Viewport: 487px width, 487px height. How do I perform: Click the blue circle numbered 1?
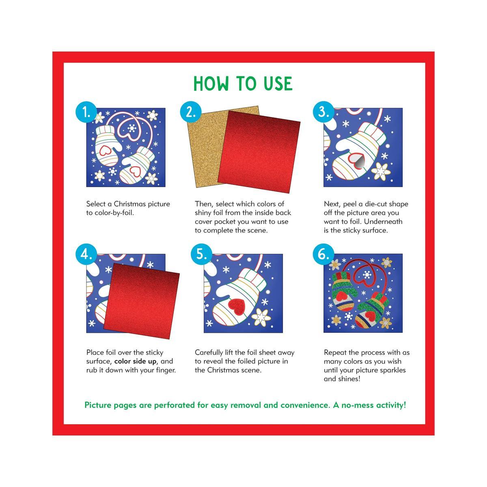pyautogui.click(x=86, y=112)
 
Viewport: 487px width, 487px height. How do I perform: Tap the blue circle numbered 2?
pyautogui.click(x=191, y=112)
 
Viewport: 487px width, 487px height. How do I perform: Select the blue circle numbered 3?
pyautogui.click(x=323, y=112)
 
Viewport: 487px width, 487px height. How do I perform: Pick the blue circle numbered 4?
pyautogui.click(x=86, y=254)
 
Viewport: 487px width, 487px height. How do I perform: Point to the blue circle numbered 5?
pyautogui.click(x=201, y=254)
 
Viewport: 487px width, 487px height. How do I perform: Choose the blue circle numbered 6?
pyautogui.click(x=323, y=254)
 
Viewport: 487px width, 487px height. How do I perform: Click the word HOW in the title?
pyautogui.click(x=211, y=84)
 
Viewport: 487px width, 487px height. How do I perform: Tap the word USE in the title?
pyautogui.click(x=278, y=84)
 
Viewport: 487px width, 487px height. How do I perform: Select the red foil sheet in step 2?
pyautogui.click(x=259, y=152)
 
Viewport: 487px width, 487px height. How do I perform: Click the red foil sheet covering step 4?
pyautogui.click(x=142, y=301)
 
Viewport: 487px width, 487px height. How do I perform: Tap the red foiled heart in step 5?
pyautogui.click(x=237, y=307)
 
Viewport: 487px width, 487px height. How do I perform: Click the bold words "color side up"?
pyautogui.click(x=135, y=362)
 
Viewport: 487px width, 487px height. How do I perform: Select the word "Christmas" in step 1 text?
pyautogui.click(x=129, y=204)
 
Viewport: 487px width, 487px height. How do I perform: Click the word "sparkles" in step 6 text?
pyautogui.click(x=392, y=370)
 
